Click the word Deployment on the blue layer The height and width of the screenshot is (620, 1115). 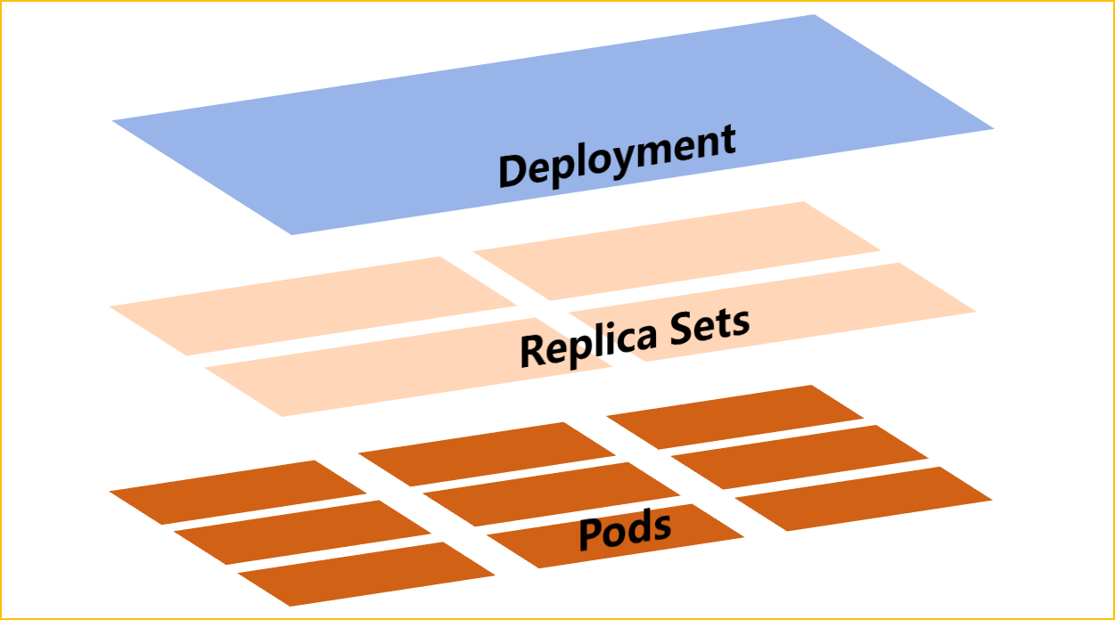617,157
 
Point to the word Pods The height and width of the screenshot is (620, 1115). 625,531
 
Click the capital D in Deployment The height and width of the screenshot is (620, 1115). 514,171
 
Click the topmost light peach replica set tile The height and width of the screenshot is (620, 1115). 677,250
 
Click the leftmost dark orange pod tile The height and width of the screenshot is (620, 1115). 238,492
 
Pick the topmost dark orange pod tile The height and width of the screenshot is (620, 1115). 735,416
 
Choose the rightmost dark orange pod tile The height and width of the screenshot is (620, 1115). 864,498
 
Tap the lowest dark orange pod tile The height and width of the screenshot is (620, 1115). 366,574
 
